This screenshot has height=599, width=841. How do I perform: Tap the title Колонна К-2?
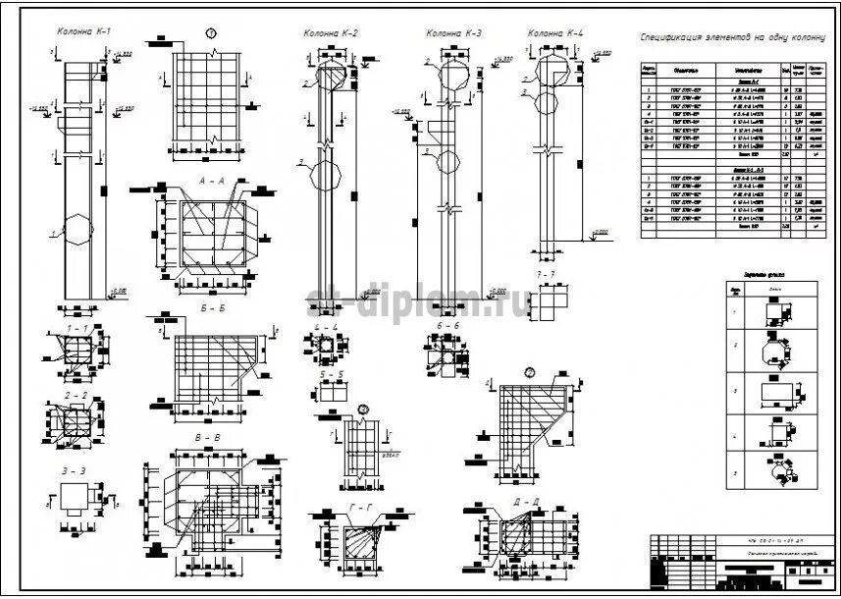click(x=331, y=33)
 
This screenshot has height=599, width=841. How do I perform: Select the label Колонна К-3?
click(x=454, y=33)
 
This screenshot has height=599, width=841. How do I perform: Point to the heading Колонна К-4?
click(x=555, y=33)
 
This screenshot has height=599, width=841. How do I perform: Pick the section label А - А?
click(x=211, y=181)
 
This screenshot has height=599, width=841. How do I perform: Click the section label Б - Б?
click(x=212, y=307)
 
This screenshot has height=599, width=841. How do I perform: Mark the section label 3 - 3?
click(x=76, y=471)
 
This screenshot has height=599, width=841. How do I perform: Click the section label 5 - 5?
click(x=330, y=374)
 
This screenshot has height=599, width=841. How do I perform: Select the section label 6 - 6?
click(x=447, y=325)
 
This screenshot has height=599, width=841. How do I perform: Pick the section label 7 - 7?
click(x=546, y=273)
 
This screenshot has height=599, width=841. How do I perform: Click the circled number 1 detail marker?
click(x=211, y=33)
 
